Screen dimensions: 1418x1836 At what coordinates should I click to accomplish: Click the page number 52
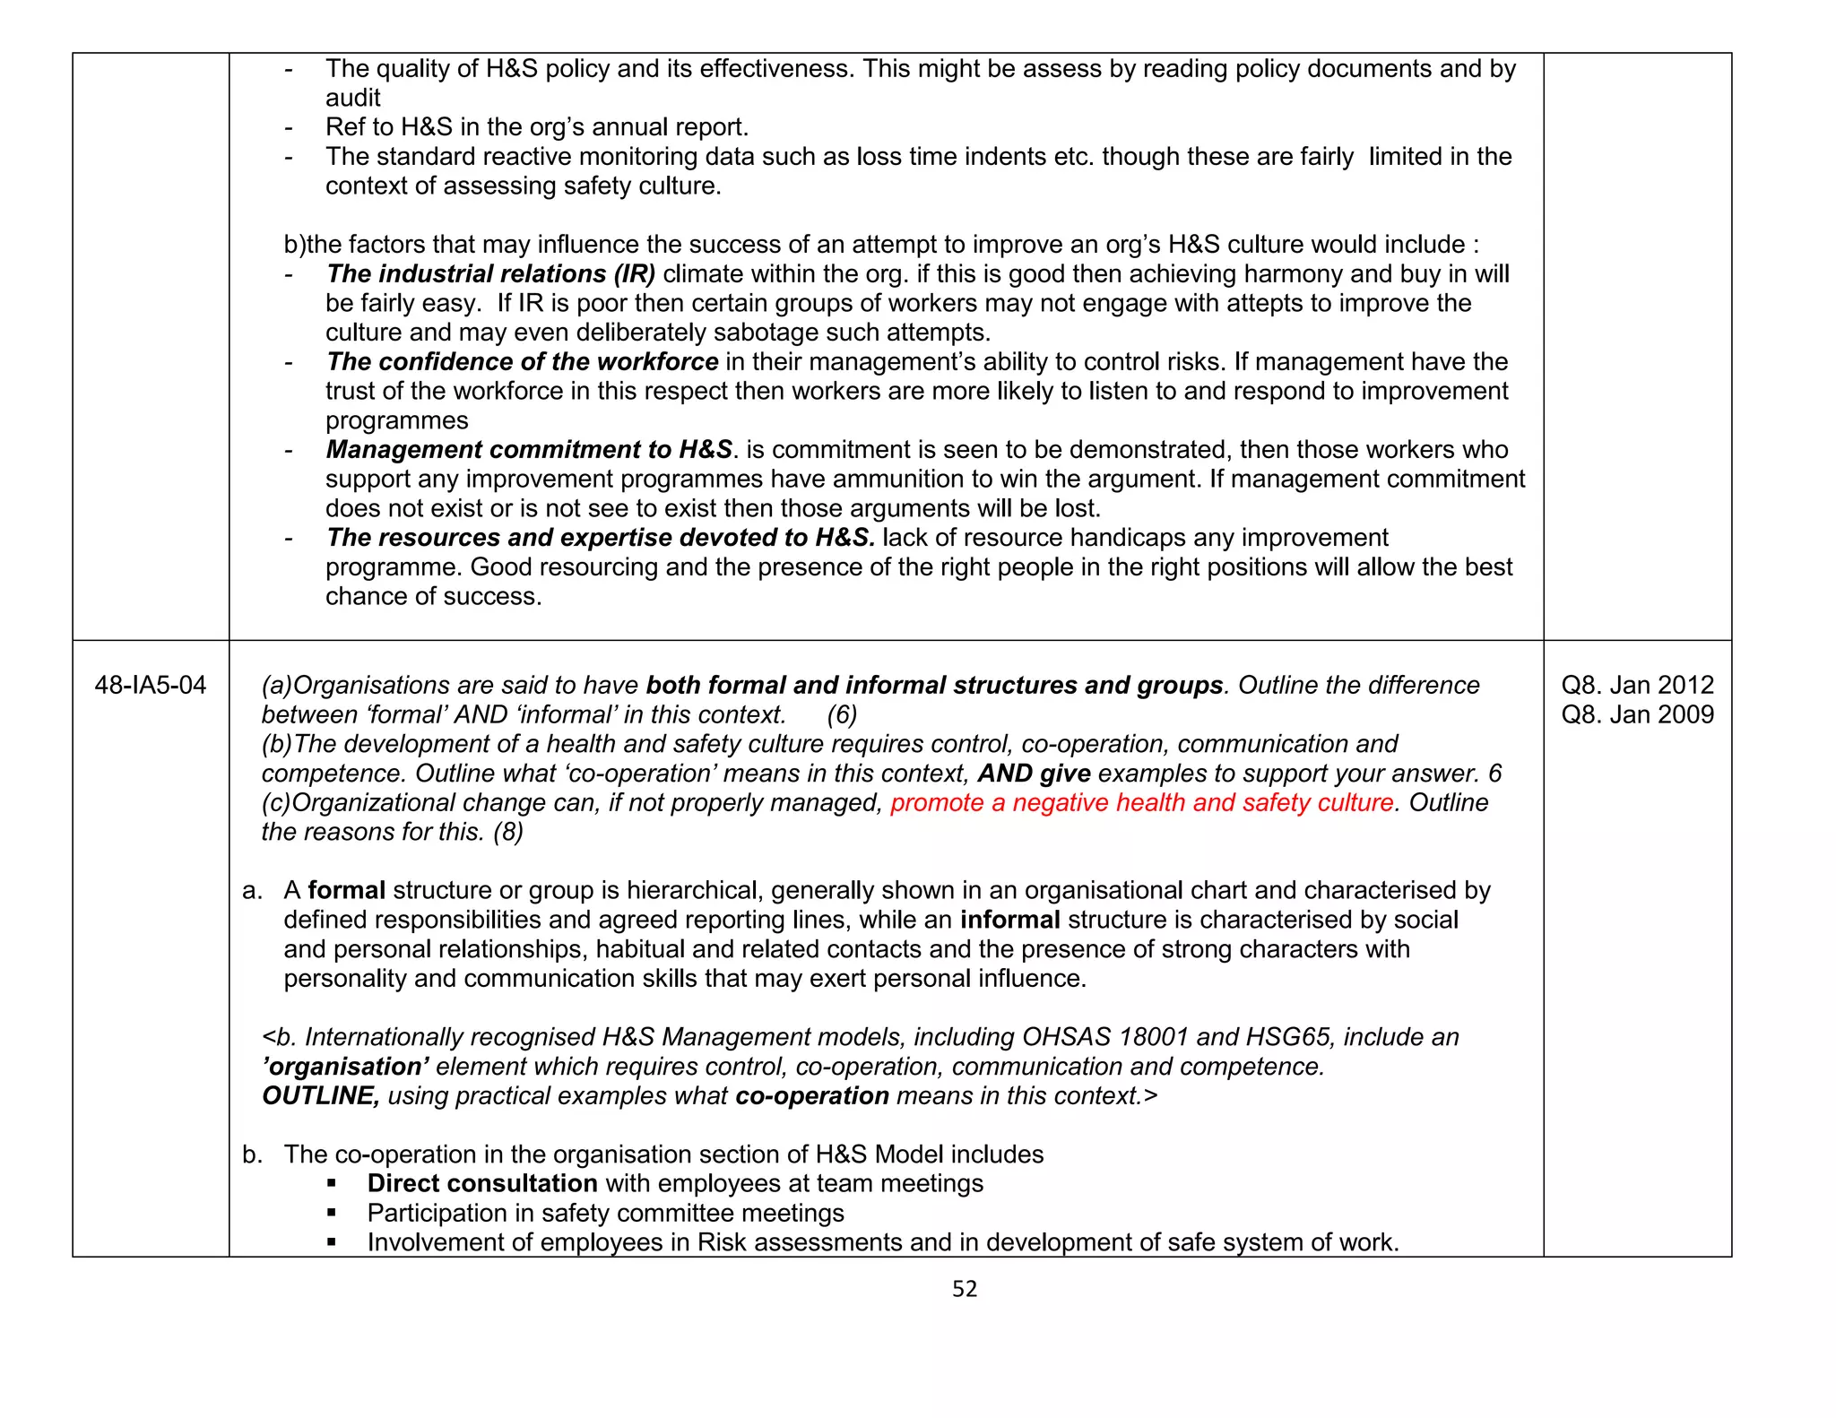964,1289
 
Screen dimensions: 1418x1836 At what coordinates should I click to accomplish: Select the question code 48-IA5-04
151,686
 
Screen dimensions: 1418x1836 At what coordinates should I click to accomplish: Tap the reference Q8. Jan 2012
1637,686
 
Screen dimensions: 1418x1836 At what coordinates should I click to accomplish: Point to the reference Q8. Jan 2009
1637,715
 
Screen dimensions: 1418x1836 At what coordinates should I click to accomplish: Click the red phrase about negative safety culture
1142,803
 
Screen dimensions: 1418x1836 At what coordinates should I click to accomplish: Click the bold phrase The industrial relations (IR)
490,274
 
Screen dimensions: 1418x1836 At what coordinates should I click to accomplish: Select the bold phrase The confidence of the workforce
522,362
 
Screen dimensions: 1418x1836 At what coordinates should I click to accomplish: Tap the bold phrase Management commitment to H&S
529,450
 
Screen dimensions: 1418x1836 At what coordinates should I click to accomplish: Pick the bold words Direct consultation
482,1184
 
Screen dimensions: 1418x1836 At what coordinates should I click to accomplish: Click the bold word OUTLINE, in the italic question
320,1096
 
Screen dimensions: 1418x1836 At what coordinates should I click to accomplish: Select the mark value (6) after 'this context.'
842,715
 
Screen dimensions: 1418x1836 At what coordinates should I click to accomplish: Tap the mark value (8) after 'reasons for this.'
508,833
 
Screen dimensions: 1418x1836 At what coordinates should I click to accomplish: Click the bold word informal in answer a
1009,921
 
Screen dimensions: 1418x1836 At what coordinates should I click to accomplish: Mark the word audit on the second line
353,99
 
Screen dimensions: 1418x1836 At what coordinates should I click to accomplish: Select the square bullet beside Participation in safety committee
332,1214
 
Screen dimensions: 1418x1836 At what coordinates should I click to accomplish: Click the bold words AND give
1034,774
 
